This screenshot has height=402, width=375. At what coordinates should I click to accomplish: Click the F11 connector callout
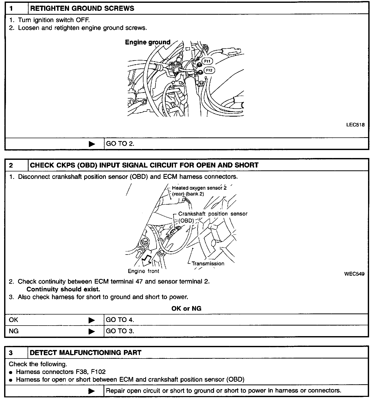point(207,61)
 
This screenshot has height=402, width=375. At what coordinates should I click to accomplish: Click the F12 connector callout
point(209,70)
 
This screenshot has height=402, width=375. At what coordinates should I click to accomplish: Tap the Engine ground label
point(148,42)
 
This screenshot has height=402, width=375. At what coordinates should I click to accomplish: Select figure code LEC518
point(355,125)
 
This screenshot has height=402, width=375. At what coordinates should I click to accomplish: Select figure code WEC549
point(354,274)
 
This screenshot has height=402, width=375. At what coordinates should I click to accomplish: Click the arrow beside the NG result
point(91,331)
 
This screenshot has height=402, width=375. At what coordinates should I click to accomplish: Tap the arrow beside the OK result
point(91,320)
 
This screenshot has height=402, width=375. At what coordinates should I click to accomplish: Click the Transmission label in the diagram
point(208,264)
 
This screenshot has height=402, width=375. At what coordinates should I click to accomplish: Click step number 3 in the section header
point(11,353)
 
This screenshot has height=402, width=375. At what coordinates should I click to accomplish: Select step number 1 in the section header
point(11,8)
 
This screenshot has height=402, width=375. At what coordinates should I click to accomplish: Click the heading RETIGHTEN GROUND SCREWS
point(82,8)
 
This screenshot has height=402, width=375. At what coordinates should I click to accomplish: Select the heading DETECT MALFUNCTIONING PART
point(86,353)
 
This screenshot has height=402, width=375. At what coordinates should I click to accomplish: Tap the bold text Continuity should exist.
point(63,289)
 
